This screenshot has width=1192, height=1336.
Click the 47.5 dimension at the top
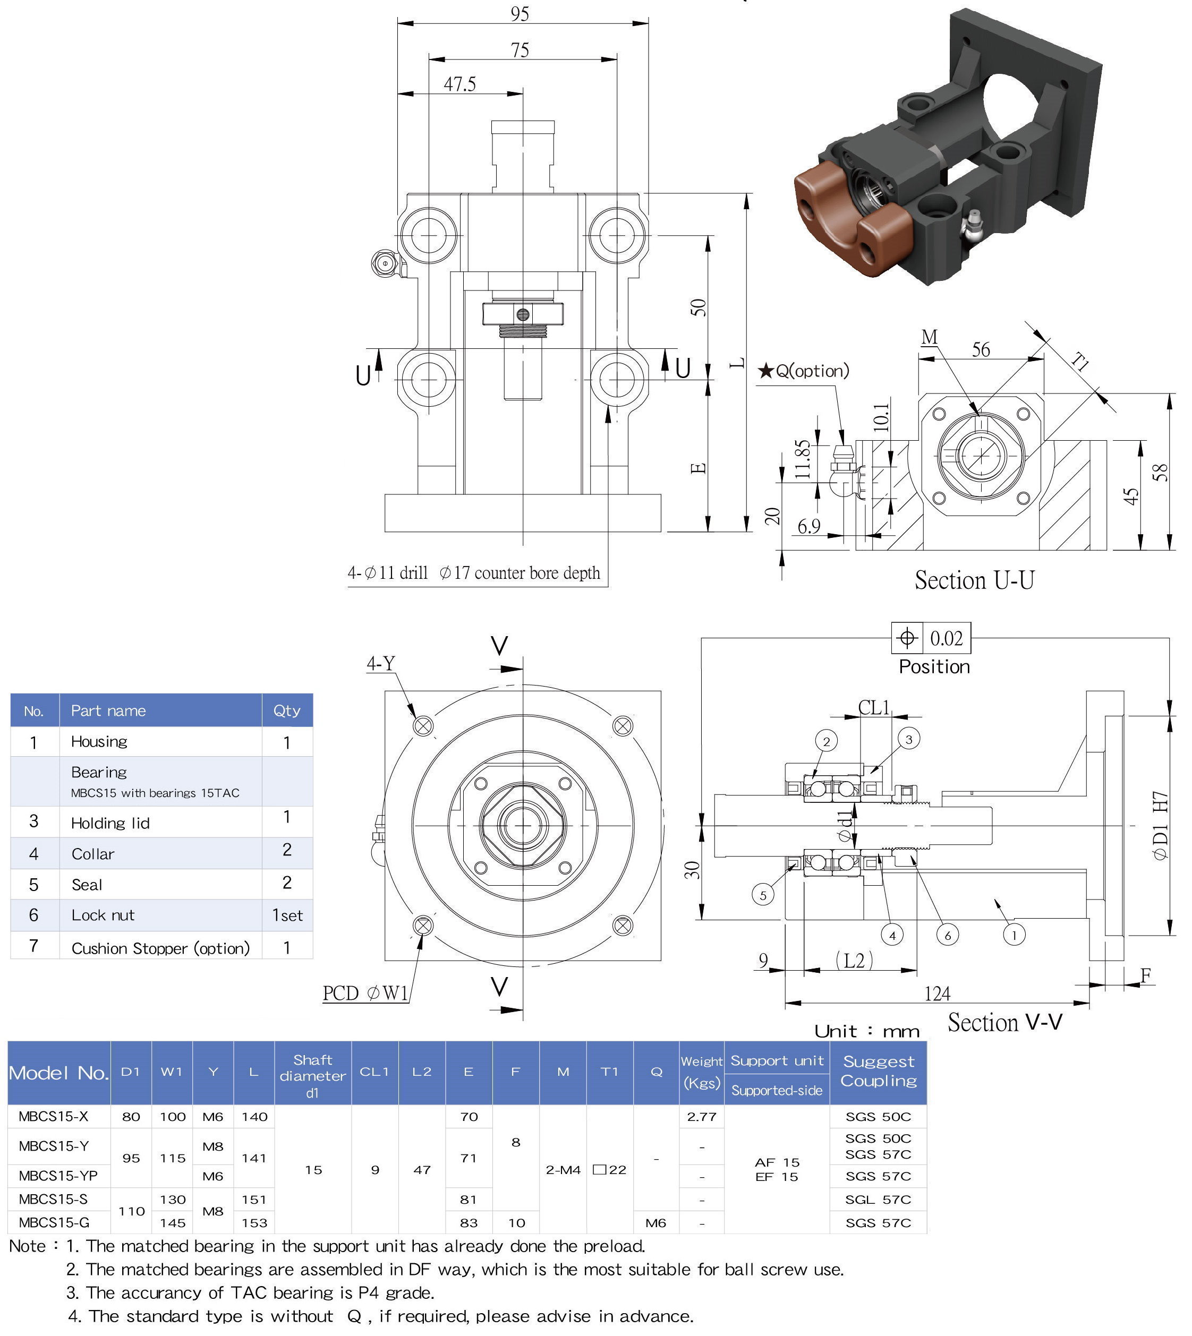[460, 84]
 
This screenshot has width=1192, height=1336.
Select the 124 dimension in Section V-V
[936, 994]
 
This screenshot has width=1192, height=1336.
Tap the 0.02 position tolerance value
[947, 638]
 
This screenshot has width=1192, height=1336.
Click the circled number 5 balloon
[763, 895]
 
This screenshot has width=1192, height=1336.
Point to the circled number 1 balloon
[1014, 935]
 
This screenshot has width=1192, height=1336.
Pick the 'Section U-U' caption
[975, 580]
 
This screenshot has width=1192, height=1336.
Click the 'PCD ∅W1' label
[365, 993]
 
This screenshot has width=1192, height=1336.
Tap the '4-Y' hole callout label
[380, 664]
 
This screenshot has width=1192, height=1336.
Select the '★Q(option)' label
[804, 371]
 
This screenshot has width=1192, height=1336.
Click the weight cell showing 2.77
[702, 1117]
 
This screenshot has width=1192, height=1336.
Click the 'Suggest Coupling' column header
[878, 1071]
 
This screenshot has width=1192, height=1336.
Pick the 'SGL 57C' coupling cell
[878, 1199]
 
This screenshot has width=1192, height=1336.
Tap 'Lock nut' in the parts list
[103, 915]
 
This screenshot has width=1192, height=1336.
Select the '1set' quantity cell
[287, 915]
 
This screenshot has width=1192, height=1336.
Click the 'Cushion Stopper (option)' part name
[160, 948]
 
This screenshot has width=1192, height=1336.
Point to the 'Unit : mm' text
[866, 1032]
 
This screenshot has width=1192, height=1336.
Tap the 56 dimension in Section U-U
[981, 350]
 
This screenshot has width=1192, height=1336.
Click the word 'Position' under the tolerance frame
[934, 667]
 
